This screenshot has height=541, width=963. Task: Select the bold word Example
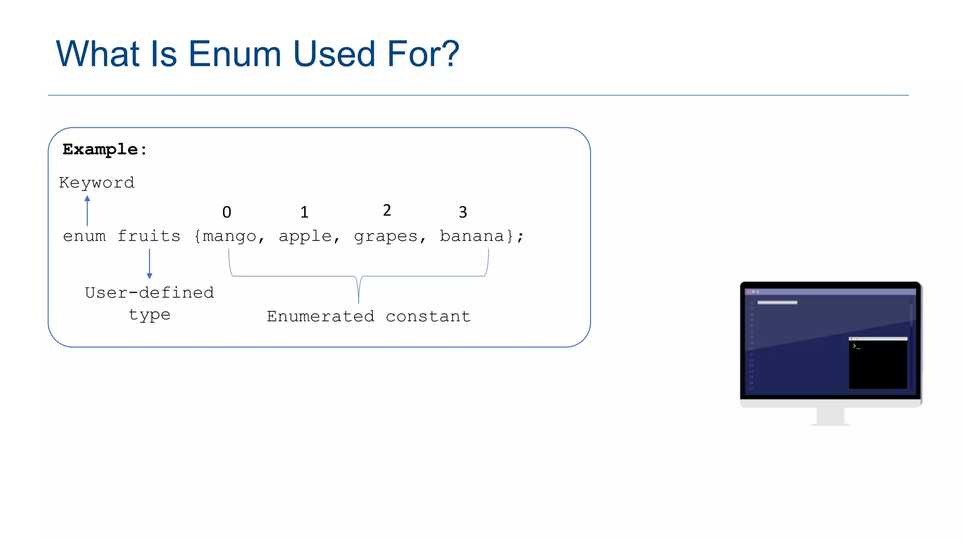(100, 149)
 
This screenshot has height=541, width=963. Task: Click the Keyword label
(96, 183)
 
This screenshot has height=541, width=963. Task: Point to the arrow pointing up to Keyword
(87, 211)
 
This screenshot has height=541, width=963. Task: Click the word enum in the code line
(85, 236)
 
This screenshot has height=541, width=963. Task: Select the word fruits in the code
(149, 236)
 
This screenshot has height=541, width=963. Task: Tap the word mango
(229, 236)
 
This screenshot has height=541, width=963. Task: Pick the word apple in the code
(306, 236)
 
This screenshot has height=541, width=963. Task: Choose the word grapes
(386, 236)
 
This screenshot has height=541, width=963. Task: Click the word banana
(472, 236)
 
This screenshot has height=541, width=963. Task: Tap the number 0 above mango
(227, 212)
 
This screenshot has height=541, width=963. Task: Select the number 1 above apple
(304, 212)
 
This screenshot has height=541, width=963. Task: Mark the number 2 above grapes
(387, 210)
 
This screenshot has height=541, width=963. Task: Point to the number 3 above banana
(463, 212)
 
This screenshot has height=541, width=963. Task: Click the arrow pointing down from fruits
(150, 264)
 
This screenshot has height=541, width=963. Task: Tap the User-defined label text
(150, 293)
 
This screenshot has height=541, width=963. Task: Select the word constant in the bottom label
(428, 317)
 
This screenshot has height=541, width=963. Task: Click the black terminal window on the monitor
(878, 365)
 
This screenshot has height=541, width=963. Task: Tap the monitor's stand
(830, 416)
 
